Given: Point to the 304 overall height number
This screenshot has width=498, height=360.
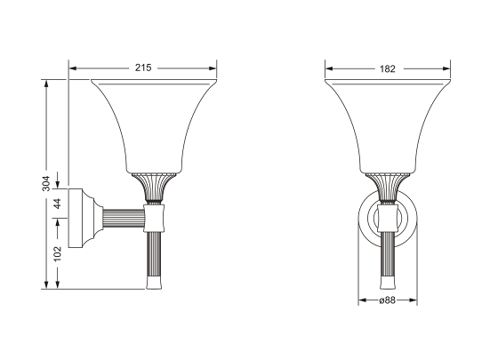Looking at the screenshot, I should (46, 183).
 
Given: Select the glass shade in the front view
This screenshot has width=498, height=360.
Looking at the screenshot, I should (387, 124).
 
